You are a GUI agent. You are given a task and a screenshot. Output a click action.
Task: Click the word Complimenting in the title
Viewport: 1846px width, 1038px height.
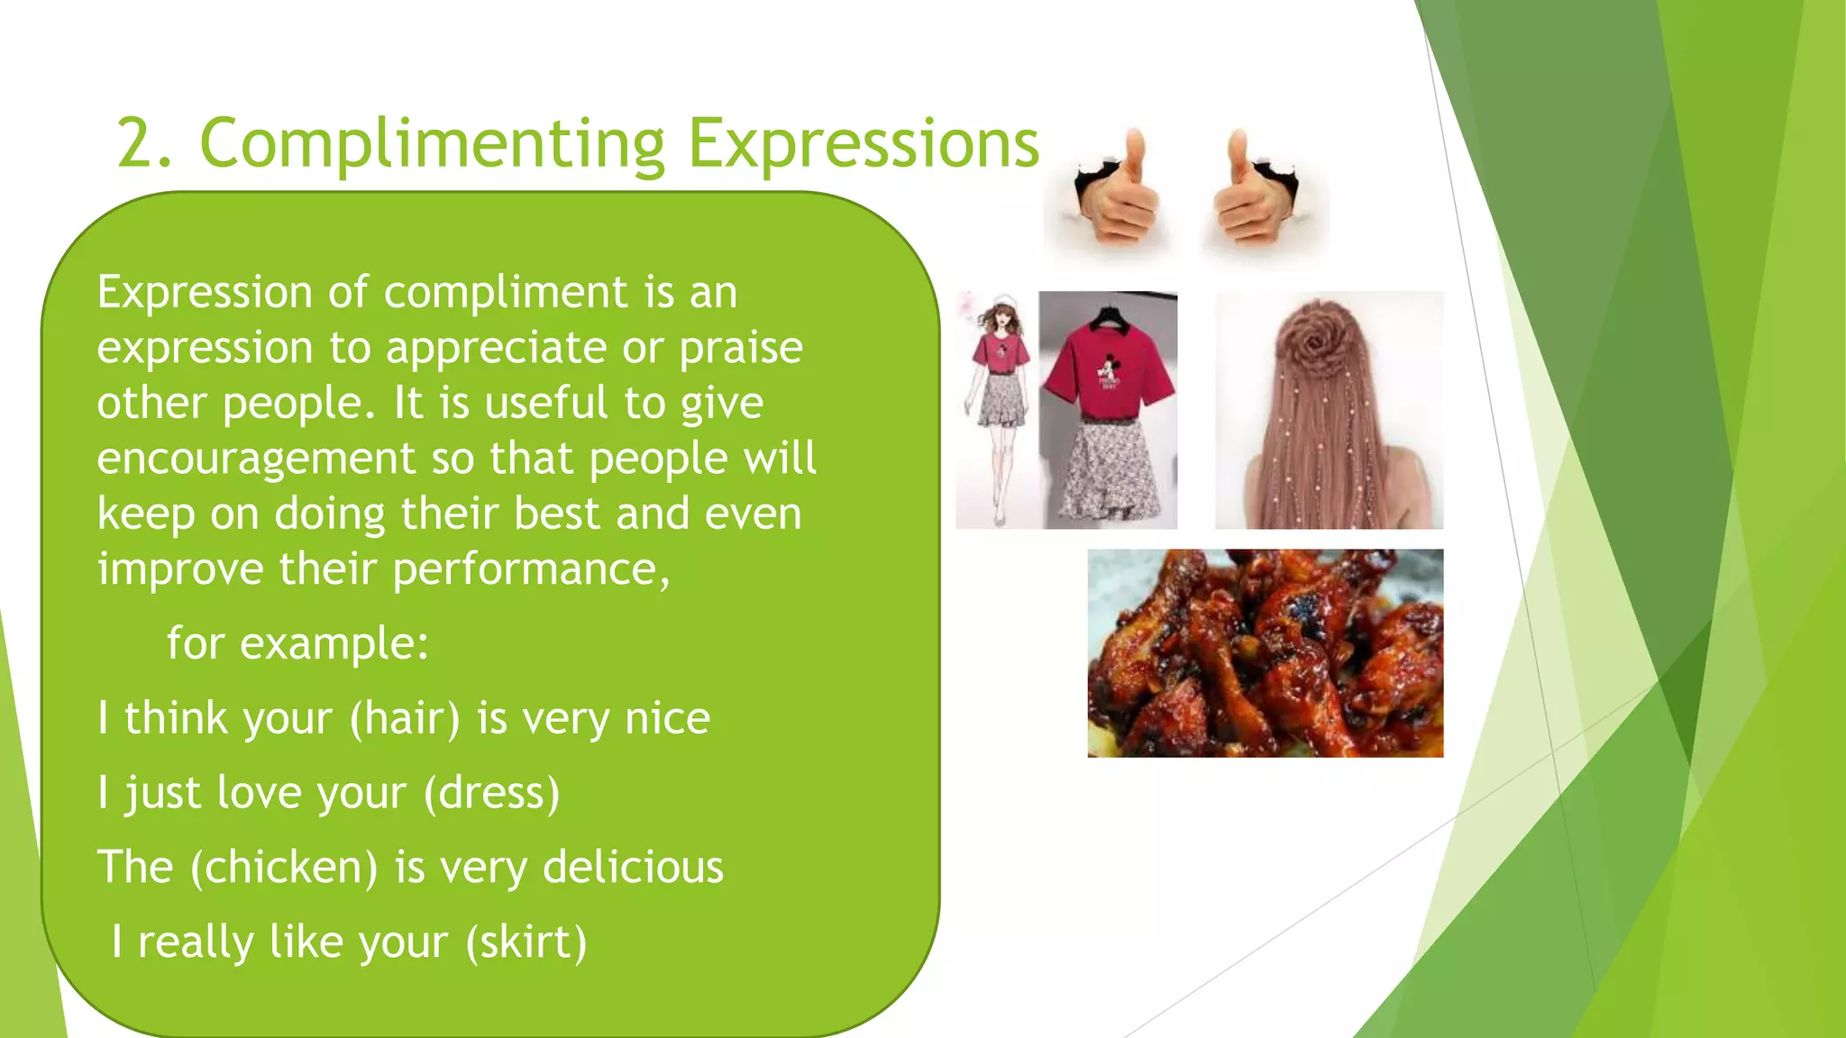click(x=432, y=144)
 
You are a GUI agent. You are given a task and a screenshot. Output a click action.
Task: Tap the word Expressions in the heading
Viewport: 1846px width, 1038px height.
click(x=864, y=144)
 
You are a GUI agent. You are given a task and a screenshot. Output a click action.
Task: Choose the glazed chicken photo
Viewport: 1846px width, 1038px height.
click(x=1265, y=653)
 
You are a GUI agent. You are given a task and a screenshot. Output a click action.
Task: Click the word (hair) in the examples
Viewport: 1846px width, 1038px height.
click(x=405, y=719)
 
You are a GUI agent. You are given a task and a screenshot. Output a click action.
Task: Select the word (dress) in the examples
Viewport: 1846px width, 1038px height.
click(x=491, y=794)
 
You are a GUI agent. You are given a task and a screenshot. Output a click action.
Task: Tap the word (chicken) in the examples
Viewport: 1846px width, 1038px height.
click(x=284, y=868)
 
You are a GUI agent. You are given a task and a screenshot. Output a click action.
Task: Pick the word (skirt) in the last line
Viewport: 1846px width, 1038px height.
click(x=526, y=942)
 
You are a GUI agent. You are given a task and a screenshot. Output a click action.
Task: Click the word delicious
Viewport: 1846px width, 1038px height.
click(x=633, y=868)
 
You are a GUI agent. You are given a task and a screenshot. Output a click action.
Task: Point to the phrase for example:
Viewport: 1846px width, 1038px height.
click(x=297, y=644)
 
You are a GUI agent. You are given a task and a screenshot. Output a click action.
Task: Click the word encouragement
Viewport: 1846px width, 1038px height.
click(x=256, y=460)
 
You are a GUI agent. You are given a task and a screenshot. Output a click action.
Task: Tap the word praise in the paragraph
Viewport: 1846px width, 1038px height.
click(x=740, y=349)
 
